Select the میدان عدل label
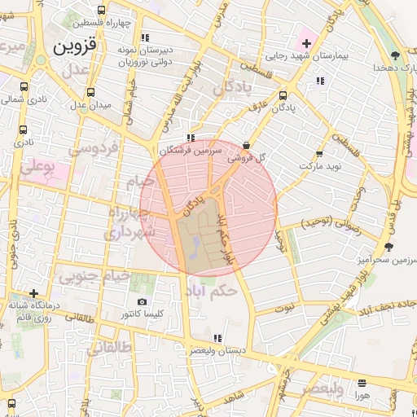(90, 105)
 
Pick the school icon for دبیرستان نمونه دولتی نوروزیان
(145, 37)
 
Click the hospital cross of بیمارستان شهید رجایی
(306, 42)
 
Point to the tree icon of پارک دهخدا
(394, 56)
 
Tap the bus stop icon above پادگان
(282, 92)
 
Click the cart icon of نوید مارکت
(318, 152)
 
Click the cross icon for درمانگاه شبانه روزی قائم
(33, 293)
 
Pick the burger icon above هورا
(362, 383)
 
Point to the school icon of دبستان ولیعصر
(217, 337)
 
